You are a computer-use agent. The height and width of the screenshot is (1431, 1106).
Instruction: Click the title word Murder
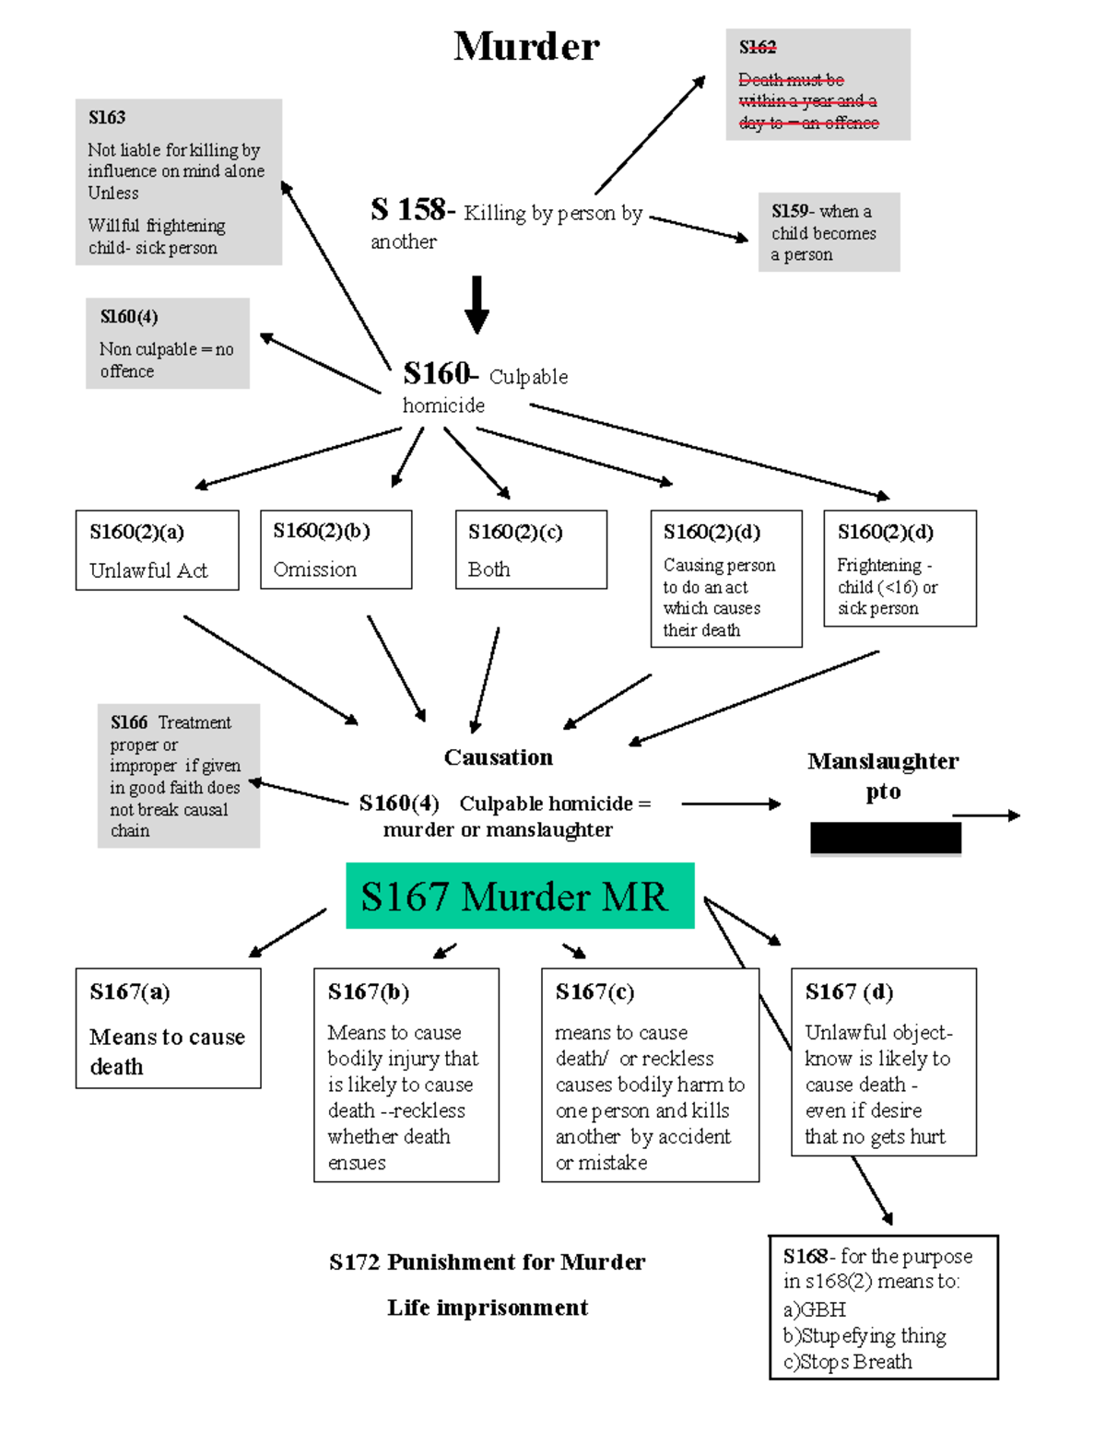click(x=526, y=46)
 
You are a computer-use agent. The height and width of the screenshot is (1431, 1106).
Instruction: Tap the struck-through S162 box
click(x=818, y=85)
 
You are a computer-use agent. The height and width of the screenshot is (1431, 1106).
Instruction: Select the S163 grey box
click(x=179, y=182)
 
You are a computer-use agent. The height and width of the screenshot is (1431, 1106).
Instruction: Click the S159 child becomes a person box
click(x=829, y=232)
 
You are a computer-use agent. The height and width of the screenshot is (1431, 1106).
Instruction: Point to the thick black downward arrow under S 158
click(x=477, y=305)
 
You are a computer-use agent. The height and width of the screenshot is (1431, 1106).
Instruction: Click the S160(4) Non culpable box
click(x=168, y=344)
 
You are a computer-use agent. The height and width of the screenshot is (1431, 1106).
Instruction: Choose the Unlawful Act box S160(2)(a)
click(x=157, y=550)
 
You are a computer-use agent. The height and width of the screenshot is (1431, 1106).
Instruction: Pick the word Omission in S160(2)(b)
click(x=315, y=569)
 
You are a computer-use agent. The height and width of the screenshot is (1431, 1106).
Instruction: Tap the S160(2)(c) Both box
click(x=531, y=550)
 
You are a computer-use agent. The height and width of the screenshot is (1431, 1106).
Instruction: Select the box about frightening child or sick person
click(x=900, y=569)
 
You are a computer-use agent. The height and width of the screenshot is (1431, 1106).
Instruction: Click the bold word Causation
click(x=499, y=757)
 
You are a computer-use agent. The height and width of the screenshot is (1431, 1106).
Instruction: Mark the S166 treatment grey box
click(x=179, y=776)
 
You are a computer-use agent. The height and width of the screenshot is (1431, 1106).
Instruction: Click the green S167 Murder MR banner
click(x=520, y=896)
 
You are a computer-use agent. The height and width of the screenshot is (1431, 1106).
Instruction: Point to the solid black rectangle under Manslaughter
click(x=885, y=839)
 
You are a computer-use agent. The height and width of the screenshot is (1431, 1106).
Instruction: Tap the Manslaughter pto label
click(x=883, y=776)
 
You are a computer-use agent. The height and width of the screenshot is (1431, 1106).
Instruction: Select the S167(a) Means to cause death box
click(x=168, y=1028)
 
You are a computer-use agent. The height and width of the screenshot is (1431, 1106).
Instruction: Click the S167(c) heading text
click(x=594, y=991)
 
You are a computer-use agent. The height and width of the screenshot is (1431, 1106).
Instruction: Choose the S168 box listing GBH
click(x=883, y=1308)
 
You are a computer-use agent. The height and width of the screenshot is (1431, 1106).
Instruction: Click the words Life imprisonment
click(x=488, y=1308)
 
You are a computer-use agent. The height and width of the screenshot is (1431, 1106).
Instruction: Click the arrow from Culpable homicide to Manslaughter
click(x=731, y=804)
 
